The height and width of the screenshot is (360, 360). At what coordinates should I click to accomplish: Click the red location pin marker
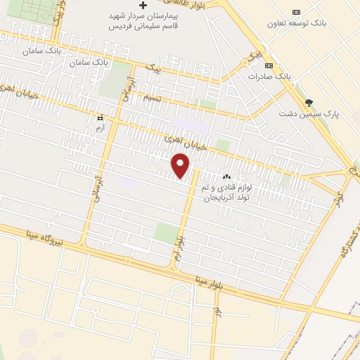(x=181, y=165)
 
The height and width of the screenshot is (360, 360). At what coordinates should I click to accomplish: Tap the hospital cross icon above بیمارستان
(x=143, y=5)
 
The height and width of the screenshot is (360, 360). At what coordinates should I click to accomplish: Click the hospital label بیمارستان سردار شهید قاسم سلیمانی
(x=143, y=18)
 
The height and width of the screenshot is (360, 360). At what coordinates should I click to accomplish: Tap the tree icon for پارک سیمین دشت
(x=309, y=102)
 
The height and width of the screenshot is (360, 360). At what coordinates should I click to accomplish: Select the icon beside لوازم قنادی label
(x=226, y=176)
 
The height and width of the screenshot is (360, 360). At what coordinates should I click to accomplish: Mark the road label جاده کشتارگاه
(x=344, y=248)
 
